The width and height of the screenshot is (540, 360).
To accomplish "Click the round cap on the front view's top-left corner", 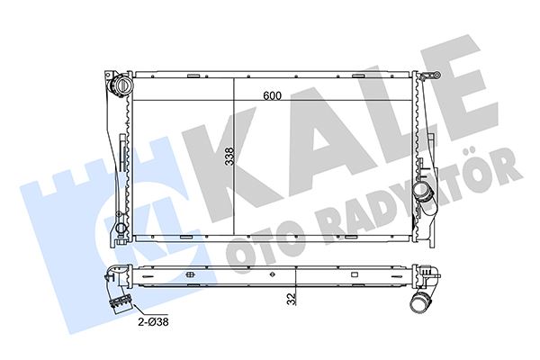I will pos(120,87).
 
